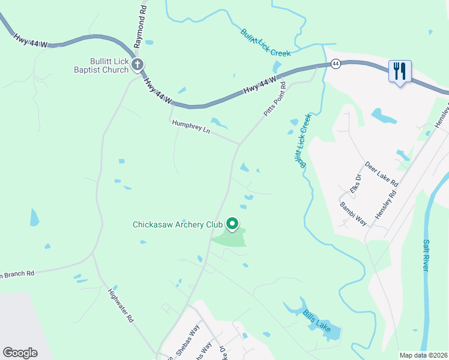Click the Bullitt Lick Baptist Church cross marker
[x=137, y=65]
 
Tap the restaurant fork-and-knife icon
[x=399, y=71]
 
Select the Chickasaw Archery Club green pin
[x=232, y=225]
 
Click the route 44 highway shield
[x=336, y=63]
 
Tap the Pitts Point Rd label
[x=275, y=100]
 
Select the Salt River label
[x=426, y=256]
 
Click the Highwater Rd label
[x=120, y=307]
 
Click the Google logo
[x=20, y=352]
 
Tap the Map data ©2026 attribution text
[x=423, y=355]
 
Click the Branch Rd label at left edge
[x=18, y=274]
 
